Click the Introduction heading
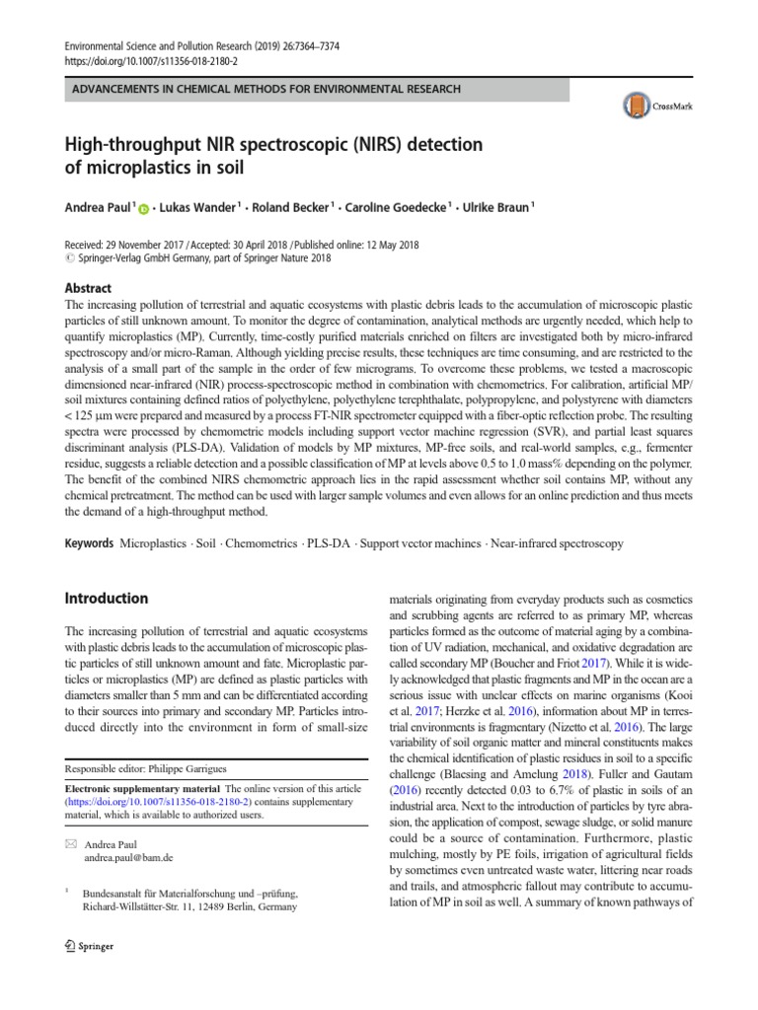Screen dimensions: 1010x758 tap(107, 598)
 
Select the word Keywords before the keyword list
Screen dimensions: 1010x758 tap(89, 544)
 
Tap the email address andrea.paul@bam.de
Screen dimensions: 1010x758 tap(129, 858)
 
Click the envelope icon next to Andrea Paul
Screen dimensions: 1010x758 tap(69, 844)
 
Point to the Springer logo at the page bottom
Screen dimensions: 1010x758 tap(89, 946)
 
